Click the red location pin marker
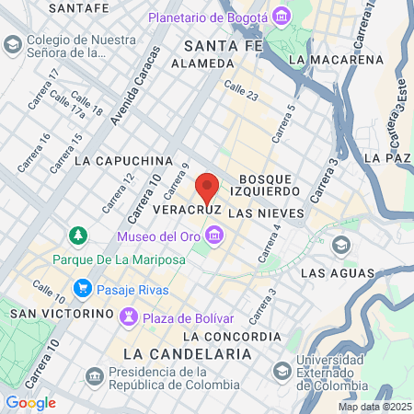tap(208, 188)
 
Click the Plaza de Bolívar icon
tap(129, 317)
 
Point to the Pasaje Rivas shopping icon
tap(82, 289)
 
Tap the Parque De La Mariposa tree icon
tap(79, 236)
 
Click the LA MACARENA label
tap(335, 60)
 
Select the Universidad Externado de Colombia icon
tap(282, 370)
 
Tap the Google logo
tap(30, 403)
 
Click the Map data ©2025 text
tap(374, 407)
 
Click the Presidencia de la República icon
tap(95, 376)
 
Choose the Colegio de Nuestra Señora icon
tap(13, 44)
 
